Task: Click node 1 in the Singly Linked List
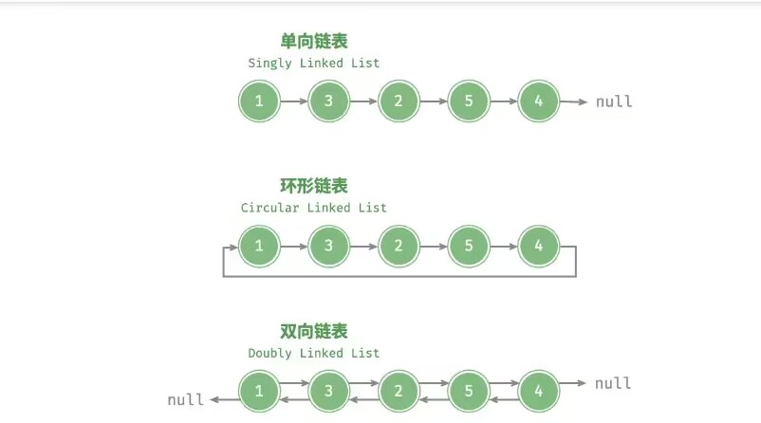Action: (259, 101)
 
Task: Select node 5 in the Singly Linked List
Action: (469, 101)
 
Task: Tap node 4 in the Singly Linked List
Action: (539, 101)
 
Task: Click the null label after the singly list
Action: (614, 101)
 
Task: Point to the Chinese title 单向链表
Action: (314, 41)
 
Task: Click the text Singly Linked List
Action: (314, 64)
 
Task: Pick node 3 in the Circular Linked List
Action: (328, 247)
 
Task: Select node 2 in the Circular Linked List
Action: (399, 247)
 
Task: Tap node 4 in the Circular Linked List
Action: (539, 247)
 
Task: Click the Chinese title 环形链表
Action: (314, 186)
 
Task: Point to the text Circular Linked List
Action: (314, 208)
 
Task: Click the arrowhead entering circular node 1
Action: (232, 247)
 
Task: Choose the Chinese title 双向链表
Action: (314, 331)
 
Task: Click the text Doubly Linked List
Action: (314, 353)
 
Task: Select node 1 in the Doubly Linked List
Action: (259, 391)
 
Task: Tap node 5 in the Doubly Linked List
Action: (469, 391)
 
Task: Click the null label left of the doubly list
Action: (185, 399)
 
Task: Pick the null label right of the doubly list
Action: (614, 383)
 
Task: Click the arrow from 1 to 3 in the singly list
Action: (294, 101)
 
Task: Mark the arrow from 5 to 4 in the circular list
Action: (504, 247)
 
